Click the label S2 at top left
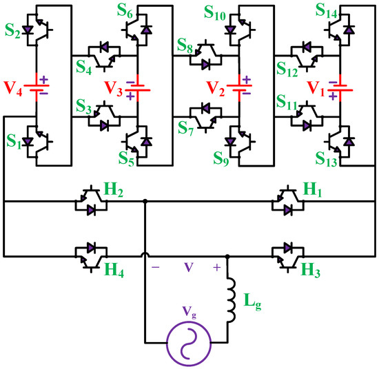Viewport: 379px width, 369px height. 12,17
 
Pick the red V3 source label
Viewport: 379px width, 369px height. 115,89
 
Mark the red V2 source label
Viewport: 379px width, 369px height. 218,89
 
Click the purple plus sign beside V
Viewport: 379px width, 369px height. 218,266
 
